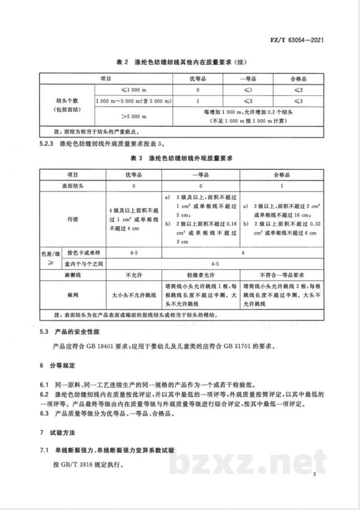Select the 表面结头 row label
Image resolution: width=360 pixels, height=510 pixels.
(72, 186)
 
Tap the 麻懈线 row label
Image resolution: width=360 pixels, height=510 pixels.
(72, 274)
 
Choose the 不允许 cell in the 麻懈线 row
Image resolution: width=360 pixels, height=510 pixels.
(133, 274)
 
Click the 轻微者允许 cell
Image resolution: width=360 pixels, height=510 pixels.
(200, 274)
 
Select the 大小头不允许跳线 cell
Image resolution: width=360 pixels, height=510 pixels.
(133, 295)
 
